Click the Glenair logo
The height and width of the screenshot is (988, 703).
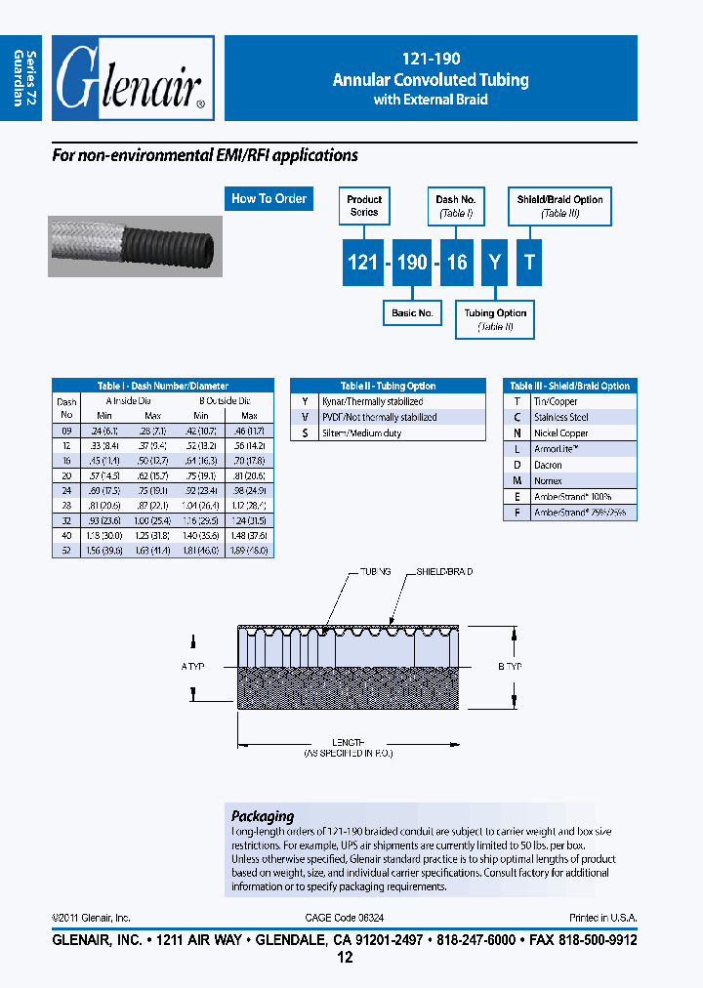pos(132,79)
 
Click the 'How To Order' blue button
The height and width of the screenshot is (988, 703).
pos(269,198)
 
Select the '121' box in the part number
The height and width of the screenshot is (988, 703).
pos(363,264)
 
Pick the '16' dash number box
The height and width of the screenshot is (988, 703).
pos(457,264)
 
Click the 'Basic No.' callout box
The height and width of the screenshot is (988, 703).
pos(412,313)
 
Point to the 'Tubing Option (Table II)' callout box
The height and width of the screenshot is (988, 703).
pos(495,319)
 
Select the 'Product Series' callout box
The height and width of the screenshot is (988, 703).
pos(364,205)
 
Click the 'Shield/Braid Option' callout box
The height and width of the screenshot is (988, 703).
pos(559,205)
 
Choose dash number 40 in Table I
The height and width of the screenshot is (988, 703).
pos(66,536)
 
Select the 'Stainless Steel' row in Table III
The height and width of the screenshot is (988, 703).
pos(560,417)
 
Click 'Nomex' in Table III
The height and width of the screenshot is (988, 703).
pos(548,480)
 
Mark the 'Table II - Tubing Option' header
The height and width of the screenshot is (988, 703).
pos(388,386)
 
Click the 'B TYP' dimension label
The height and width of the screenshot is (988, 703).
pos(511,667)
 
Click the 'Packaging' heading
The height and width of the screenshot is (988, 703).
pos(262,816)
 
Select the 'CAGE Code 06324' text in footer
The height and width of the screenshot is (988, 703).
pos(351,918)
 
